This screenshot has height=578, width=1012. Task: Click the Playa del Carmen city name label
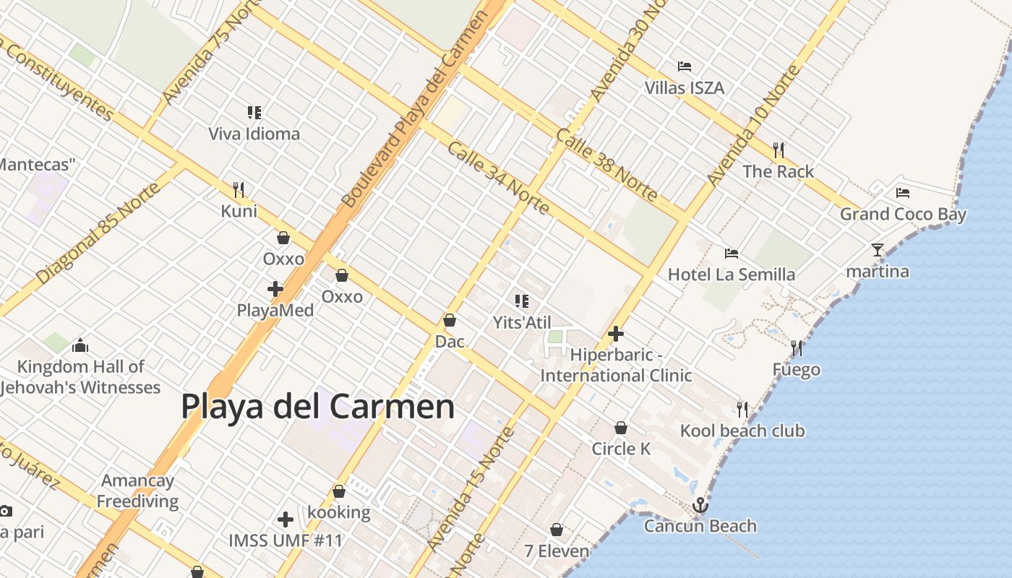(x=317, y=406)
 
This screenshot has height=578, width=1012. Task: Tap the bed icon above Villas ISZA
(x=685, y=66)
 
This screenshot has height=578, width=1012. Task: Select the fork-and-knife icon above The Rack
(x=779, y=150)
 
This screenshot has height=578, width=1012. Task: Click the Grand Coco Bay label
(x=903, y=214)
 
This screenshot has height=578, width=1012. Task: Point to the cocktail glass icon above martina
(x=878, y=250)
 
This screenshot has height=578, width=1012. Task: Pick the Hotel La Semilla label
(x=731, y=275)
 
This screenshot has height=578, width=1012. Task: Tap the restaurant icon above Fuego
(x=797, y=348)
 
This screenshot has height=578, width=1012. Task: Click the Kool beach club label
(x=742, y=431)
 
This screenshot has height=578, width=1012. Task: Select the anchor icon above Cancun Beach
(x=700, y=505)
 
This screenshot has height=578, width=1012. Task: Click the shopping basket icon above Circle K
(x=621, y=428)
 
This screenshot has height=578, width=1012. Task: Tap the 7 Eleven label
(x=557, y=551)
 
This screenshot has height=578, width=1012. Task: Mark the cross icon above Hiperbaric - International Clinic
(x=616, y=334)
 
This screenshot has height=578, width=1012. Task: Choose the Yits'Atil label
(x=522, y=322)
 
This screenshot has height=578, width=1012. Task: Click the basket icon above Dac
(x=450, y=320)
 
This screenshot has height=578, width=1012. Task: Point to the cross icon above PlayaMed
(x=275, y=289)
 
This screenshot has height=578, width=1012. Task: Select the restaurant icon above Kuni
(x=239, y=190)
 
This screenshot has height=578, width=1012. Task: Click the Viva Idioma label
(x=254, y=134)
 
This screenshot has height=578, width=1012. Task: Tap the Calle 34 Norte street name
(x=498, y=178)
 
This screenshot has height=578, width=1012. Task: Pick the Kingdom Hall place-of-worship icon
(x=80, y=345)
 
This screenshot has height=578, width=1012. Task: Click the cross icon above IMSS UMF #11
(x=286, y=519)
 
